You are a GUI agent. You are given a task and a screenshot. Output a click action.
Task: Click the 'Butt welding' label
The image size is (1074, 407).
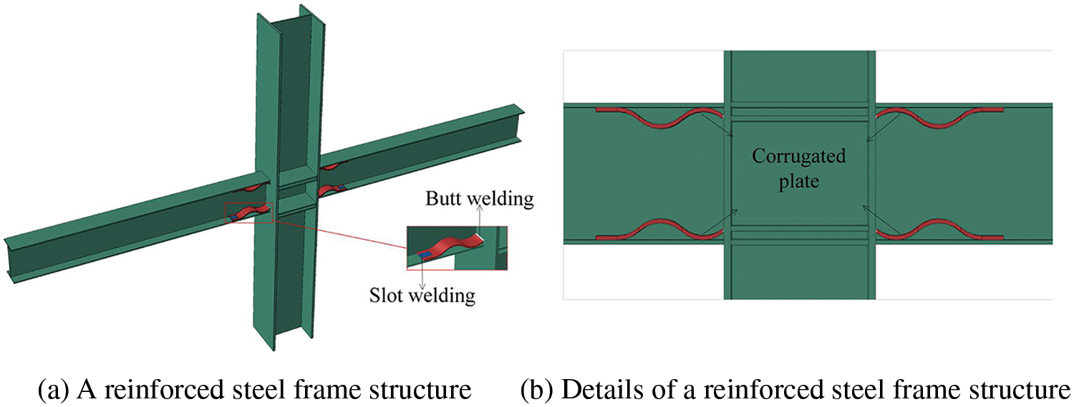pyautogui.click(x=480, y=200)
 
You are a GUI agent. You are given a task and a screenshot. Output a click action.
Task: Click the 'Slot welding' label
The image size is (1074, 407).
pyautogui.click(x=422, y=294)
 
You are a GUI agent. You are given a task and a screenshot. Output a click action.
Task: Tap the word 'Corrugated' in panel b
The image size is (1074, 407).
pyautogui.click(x=798, y=156)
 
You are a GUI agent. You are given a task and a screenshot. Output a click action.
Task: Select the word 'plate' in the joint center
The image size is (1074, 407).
pyautogui.click(x=798, y=182)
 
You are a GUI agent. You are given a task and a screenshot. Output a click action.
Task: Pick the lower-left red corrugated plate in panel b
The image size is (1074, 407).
pyautogui.click(x=659, y=229)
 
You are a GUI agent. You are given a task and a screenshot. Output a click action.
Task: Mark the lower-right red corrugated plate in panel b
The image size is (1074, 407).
pyautogui.click(x=938, y=229)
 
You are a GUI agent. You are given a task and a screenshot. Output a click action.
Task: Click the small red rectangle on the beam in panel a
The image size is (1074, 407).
pyautogui.click(x=248, y=212)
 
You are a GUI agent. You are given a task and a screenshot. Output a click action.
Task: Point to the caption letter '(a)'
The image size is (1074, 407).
pyautogui.click(x=51, y=391)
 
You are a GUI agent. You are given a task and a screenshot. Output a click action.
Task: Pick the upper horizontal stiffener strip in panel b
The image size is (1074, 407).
pyautogui.click(x=798, y=113)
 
